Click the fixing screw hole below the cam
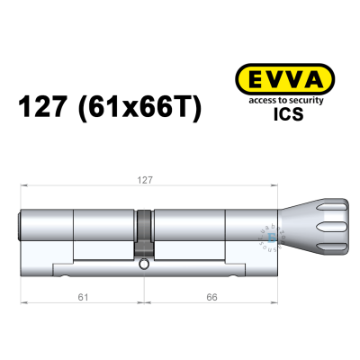(144, 265)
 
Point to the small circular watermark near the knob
(268, 236)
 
